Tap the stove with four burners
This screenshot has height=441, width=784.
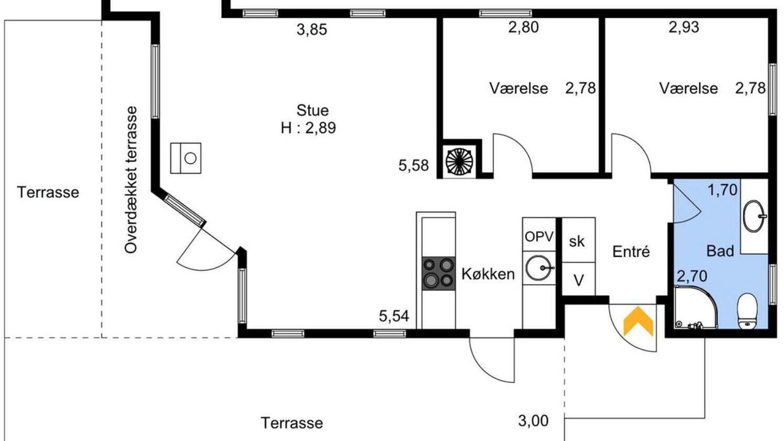tap(439, 273)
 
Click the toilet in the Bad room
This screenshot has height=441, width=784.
tap(747, 311)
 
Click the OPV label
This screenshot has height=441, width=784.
tap(539, 236)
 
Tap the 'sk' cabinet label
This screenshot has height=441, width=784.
tap(576, 241)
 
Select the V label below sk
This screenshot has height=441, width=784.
tap(579, 281)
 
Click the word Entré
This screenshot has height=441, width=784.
tap(631, 252)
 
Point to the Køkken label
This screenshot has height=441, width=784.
tap(488, 274)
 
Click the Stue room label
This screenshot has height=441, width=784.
tap(312, 110)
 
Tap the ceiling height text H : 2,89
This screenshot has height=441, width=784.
tap(308, 128)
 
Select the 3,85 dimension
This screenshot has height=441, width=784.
tap(312, 29)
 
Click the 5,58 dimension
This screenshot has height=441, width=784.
tap(413, 165)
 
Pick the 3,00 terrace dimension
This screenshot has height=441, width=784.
tap(533, 421)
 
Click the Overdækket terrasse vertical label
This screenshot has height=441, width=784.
tap(131, 179)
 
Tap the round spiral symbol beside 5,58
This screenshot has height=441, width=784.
tap(459, 161)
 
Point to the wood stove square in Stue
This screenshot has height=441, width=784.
tap(186, 158)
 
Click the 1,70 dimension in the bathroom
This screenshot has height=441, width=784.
tap(722, 190)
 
